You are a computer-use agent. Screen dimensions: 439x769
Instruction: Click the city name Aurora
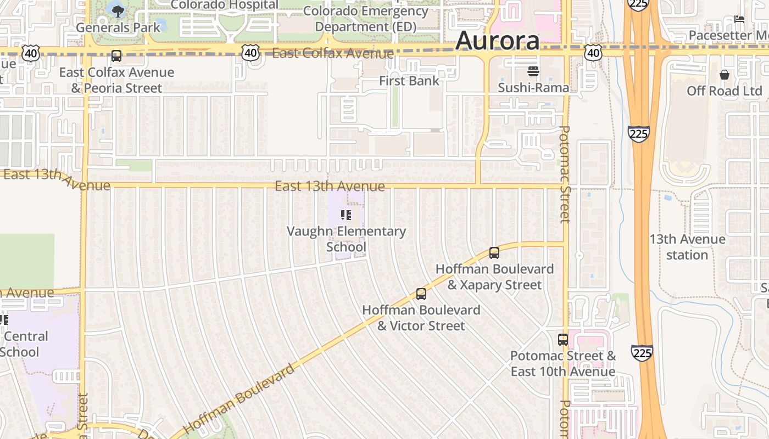(497, 41)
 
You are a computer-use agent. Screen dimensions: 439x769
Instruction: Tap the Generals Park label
(118, 27)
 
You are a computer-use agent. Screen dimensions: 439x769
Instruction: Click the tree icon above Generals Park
(118, 10)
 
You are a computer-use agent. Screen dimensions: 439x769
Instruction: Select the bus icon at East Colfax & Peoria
(116, 55)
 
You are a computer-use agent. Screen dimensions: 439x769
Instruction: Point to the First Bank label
(409, 81)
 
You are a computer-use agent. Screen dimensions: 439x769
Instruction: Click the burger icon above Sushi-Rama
(533, 71)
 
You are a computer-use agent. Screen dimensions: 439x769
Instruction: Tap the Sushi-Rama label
(533, 88)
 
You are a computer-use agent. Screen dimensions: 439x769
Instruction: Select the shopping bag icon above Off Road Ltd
(725, 75)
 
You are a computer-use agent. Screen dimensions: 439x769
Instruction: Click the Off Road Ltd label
(725, 91)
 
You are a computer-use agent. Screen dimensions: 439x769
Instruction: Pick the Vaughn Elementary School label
(346, 239)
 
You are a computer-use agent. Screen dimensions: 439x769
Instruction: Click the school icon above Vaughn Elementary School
(346, 215)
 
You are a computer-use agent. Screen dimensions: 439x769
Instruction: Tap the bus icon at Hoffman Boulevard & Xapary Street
(494, 253)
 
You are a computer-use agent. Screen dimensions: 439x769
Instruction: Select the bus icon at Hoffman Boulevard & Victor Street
(421, 294)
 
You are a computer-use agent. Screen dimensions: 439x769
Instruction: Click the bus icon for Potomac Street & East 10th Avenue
(563, 340)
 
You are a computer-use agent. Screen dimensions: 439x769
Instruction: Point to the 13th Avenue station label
(687, 247)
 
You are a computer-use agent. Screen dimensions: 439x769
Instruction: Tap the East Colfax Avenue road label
(333, 53)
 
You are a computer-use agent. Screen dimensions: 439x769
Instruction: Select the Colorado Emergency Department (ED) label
(365, 19)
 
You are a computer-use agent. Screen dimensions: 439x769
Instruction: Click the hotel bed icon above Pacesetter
(739, 19)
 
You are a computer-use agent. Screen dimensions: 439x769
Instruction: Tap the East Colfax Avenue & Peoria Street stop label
(116, 80)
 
